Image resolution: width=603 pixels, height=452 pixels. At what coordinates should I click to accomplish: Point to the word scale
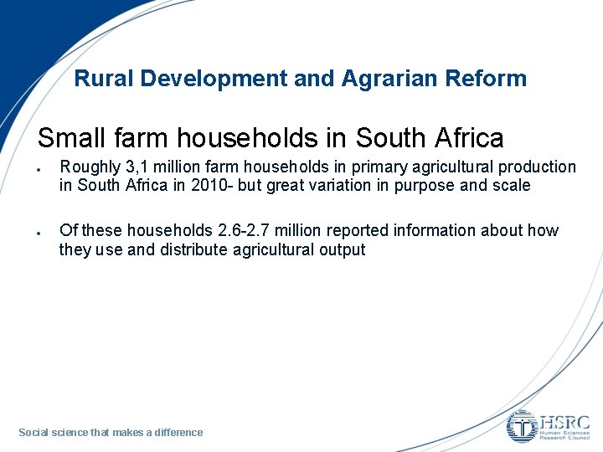point(511,186)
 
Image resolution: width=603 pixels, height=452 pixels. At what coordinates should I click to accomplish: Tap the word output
point(341,249)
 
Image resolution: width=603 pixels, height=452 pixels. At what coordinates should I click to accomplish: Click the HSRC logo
point(549,426)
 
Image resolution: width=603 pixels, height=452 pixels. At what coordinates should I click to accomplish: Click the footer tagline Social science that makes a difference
point(111,433)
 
